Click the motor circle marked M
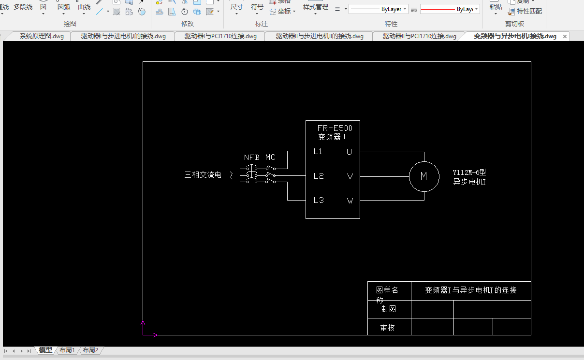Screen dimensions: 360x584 point(424,176)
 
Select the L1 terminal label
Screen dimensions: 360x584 point(318,151)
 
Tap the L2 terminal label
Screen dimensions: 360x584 point(318,176)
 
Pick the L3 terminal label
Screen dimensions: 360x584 point(318,200)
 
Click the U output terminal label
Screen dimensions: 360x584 point(349,152)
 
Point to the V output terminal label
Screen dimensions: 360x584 point(350,176)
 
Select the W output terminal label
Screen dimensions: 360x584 point(350,201)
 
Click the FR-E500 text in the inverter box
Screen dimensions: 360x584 point(335,128)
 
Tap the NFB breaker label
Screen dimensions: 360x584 point(251,158)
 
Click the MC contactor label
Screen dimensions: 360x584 point(270,158)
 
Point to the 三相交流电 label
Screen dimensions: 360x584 point(203,175)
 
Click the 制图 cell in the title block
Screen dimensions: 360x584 point(388,309)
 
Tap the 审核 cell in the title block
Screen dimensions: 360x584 point(387,328)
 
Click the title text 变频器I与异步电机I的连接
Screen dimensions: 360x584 point(470,290)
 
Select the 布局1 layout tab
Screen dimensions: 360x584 point(67,350)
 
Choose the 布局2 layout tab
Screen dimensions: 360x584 point(90,350)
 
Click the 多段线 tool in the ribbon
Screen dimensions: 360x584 point(23,7)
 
